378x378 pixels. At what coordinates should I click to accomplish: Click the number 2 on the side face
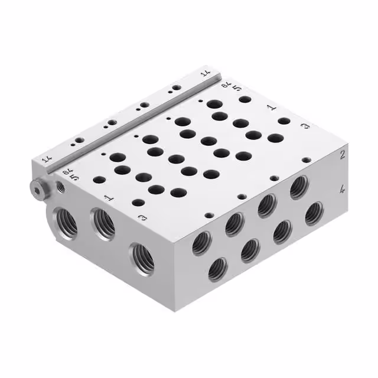pyautogui.click(x=342, y=155)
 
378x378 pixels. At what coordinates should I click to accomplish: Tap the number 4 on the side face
pyautogui.click(x=342, y=190)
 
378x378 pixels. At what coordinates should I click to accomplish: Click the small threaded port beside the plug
pyautogui.click(x=60, y=187)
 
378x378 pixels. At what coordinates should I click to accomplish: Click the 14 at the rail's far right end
pyautogui.click(x=206, y=74)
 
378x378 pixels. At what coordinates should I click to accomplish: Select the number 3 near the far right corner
pyautogui.click(x=305, y=126)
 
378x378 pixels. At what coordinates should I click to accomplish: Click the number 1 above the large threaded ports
pyautogui.click(x=108, y=197)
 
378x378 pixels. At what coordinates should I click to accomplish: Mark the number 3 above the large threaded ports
pyautogui.click(x=142, y=218)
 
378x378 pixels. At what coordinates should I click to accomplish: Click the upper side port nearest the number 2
pyautogui.click(x=299, y=187)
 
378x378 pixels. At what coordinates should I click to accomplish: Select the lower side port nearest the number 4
pyautogui.click(x=314, y=213)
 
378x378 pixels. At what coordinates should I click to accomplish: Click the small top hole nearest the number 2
pyautogui.click(x=305, y=159)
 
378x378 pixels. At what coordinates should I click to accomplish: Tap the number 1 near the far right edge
pyautogui.click(x=271, y=108)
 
